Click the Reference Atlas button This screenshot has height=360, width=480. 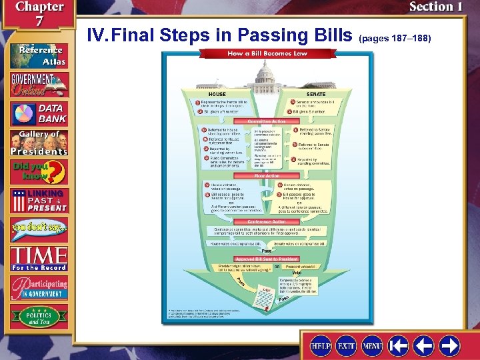pos(38,55)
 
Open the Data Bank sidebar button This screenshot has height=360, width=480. pos(38,111)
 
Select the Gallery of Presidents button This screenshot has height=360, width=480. pos(38,142)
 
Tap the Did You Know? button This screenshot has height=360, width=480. pos(38,172)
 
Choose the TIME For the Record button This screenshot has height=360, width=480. pos(38,257)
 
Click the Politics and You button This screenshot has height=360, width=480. pos(38,317)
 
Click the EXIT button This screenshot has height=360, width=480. pos(346,346)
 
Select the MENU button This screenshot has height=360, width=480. pos(372,346)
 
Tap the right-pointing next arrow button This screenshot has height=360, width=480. pos(449,346)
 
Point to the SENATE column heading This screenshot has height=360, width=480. pos(316,94)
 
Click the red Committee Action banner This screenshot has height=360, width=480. pos(267,121)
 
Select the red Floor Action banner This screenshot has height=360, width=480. pos(267,176)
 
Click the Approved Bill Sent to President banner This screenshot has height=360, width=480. pos(267,258)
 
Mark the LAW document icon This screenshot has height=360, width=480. pos(265,291)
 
